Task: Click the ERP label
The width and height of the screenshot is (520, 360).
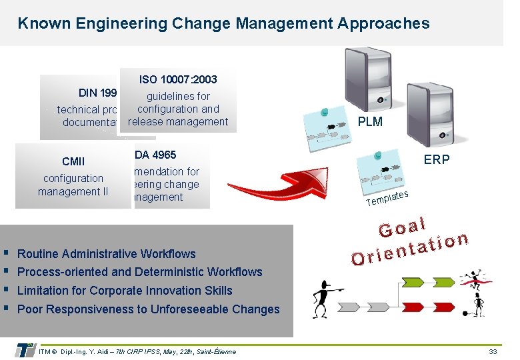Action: [x=437, y=159]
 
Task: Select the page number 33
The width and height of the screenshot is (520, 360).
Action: [x=493, y=351]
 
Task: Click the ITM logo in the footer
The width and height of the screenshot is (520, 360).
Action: [x=25, y=350]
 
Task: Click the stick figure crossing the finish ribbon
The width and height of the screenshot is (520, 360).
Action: [x=474, y=279]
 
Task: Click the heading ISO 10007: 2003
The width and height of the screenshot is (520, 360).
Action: [x=178, y=79]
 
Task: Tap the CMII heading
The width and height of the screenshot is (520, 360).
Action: [x=73, y=161]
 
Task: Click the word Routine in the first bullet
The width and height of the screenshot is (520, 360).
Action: [x=40, y=254]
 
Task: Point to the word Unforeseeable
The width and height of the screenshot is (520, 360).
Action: [x=195, y=309]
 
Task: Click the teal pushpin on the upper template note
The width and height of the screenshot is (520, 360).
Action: [x=323, y=111]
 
